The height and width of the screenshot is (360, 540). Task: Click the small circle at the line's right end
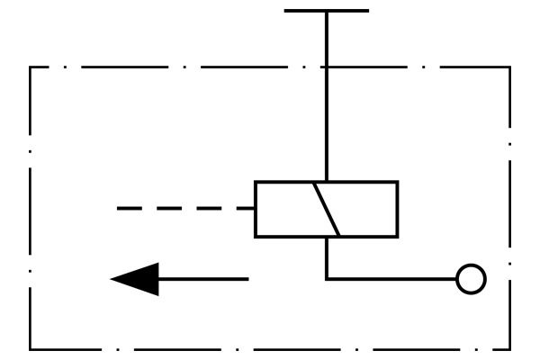pyautogui.click(x=471, y=279)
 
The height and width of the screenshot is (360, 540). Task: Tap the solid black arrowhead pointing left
pyautogui.click(x=139, y=279)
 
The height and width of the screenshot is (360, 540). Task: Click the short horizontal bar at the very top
pyautogui.click(x=326, y=11)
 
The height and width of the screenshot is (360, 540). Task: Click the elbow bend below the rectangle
pyautogui.click(x=327, y=279)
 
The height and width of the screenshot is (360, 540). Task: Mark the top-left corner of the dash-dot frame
pyautogui.click(x=31, y=67)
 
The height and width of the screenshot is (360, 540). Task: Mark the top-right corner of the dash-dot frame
pyautogui.click(x=509, y=67)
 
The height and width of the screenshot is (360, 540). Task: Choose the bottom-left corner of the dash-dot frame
pyautogui.click(x=31, y=349)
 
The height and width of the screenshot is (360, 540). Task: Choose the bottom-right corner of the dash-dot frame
pyautogui.click(x=509, y=349)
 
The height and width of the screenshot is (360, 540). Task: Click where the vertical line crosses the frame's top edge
pyautogui.click(x=327, y=67)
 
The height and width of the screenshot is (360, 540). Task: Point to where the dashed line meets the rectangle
pyautogui.click(x=256, y=209)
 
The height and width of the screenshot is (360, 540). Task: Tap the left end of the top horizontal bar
pyautogui.click(x=285, y=11)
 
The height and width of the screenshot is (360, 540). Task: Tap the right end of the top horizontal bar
pyautogui.click(x=367, y=11)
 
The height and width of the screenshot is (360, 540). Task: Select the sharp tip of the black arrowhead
pyautogui.click(x=112, y=279)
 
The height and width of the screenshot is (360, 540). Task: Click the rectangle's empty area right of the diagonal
pyautogui.click(x=367, y=209)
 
